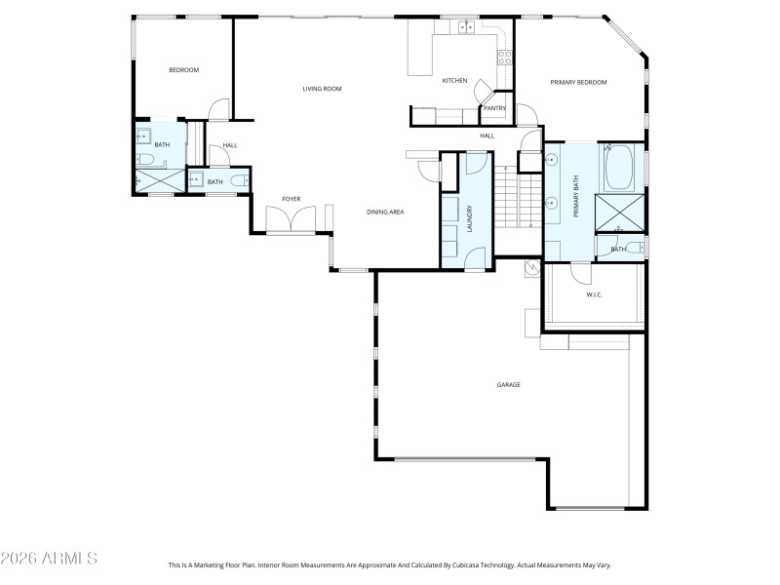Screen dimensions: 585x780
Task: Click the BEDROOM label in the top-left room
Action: [183, 70]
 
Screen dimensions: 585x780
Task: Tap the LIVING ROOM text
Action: [322, 89]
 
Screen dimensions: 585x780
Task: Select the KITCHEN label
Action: [454, 80]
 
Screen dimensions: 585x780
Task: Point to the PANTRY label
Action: [493, 108]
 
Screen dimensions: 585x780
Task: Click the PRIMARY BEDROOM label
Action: [578, 83]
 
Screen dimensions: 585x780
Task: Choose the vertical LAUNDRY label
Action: [470, 215]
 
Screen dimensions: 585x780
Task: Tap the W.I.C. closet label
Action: [595, 293]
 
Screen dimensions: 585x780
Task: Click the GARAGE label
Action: [508, 385]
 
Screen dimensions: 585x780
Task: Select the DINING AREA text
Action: [385, 212]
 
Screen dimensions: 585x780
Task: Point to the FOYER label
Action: [292, 199]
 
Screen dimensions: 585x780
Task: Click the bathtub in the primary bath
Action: [619, 168]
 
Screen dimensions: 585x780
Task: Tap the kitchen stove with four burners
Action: [505, 57]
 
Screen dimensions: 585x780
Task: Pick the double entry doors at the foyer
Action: [292, 223]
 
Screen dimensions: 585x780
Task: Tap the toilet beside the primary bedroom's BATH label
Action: [635, 248]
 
